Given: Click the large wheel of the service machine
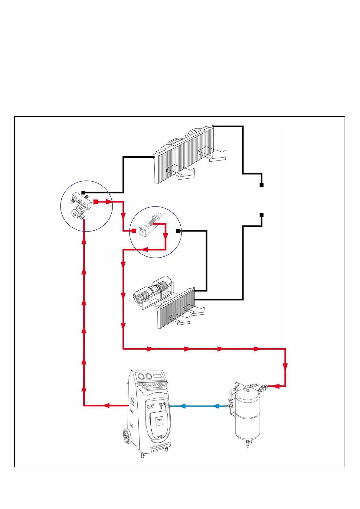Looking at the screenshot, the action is pyautogui.click(x=127, y=436).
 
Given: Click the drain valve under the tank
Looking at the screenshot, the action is pyautogui.click(x=248, y=443).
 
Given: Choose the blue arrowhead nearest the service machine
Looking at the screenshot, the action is pyautogui.click(x=182, y=406).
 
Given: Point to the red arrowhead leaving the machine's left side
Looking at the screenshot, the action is pyautogui.click(x=106, y=405).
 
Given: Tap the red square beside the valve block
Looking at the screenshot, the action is pyautogui.click(x=96, y=202).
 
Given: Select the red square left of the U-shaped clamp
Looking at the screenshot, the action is pyautogui.click(x=134, y=231).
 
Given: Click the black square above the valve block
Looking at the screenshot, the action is pyautogui.click(x=83, y=193).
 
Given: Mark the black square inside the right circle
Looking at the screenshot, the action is pyautogui.click(x=178, y=231).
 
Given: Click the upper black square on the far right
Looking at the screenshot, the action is pyautogui.click(x=262, y=185).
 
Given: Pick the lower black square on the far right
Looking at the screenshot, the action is pyautogui.click(x=262, y=215).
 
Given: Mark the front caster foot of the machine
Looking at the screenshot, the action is pyautogui.click(x=143, y=456).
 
